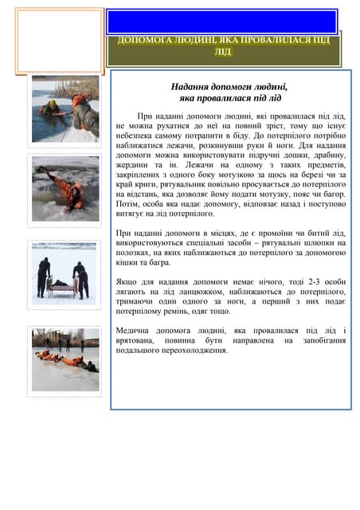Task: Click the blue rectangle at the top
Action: (222, 22)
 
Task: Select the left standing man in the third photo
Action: (43, 276)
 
